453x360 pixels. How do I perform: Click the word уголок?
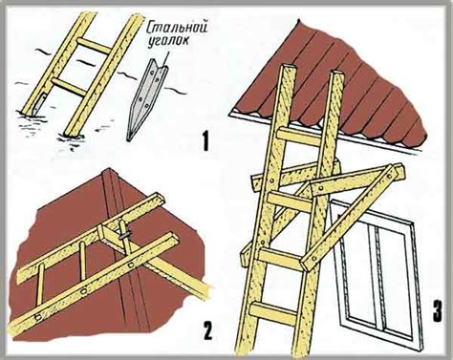tap(168, 42)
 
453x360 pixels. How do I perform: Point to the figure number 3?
tap(438, 311)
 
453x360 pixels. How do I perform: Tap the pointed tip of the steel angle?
tap(128, 140)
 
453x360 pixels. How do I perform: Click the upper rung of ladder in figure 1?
tap(94, 46)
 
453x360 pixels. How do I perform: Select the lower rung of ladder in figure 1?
tap(69, 87)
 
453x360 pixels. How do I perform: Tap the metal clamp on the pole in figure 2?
tap(125, 236)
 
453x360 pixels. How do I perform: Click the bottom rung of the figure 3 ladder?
tap(273, 314)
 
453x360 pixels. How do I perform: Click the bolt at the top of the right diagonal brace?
tap(389, 176)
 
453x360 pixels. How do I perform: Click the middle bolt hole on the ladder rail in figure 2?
tap(83, 291)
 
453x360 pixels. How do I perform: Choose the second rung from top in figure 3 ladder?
tap(290, 201)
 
